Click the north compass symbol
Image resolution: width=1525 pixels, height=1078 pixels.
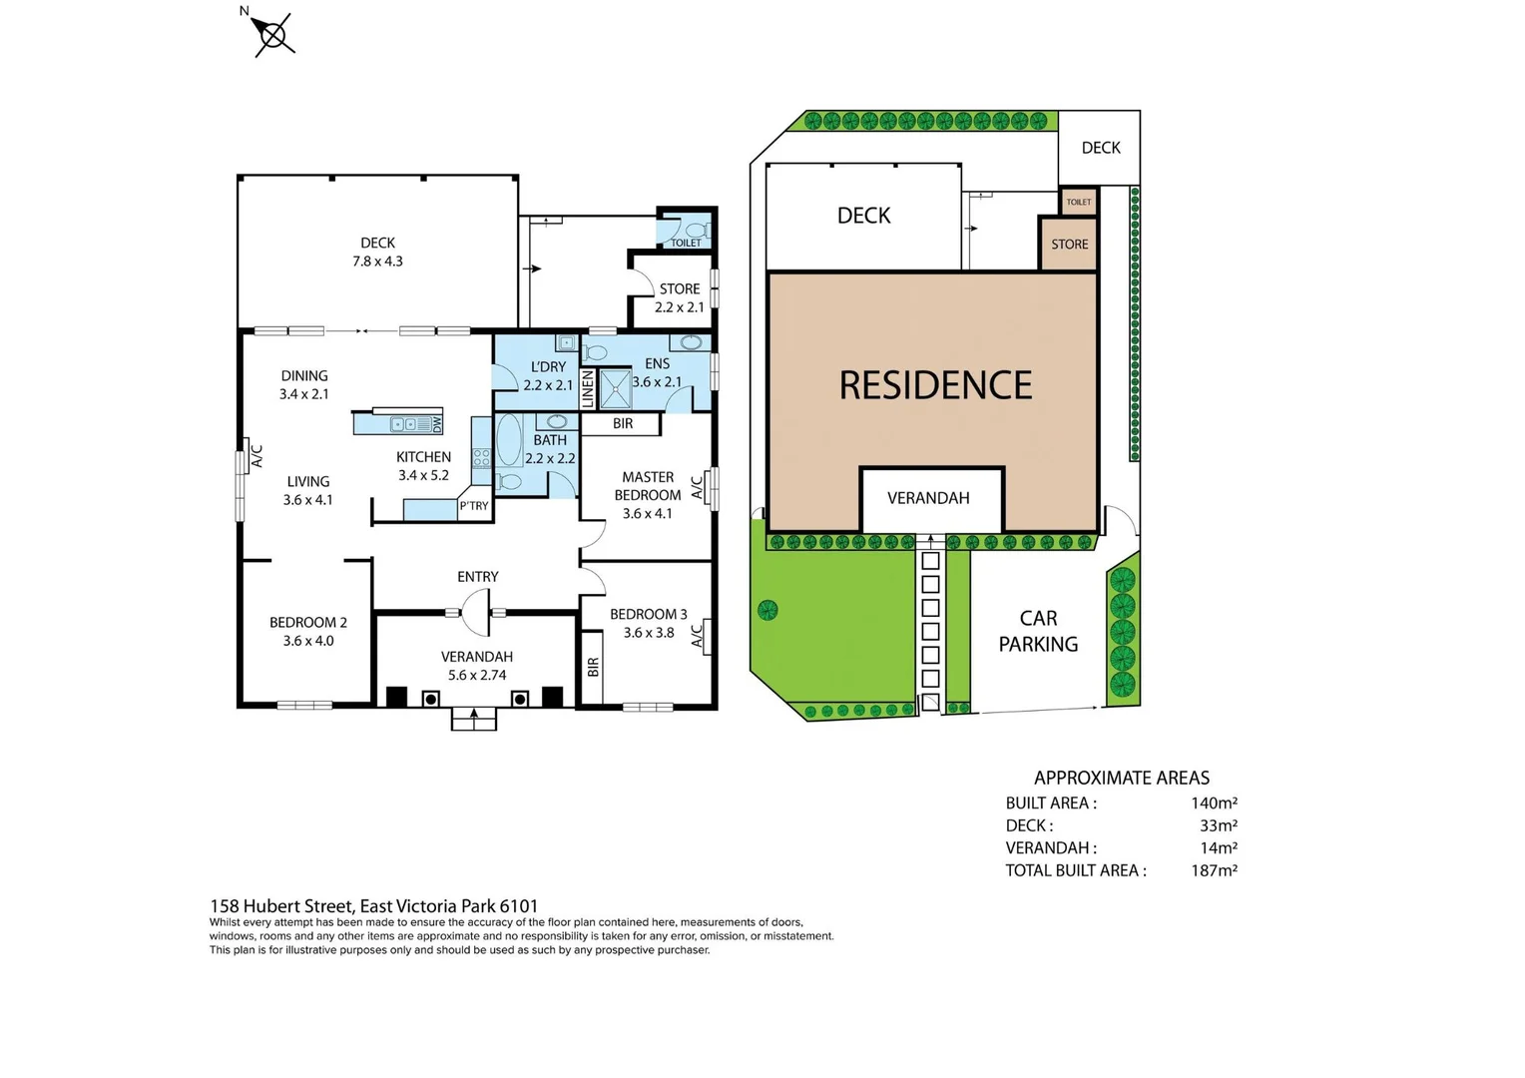coord(272,36)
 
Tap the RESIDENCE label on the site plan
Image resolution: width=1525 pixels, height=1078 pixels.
coord(935,385)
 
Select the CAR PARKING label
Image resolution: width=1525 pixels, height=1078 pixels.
coord(1038,632)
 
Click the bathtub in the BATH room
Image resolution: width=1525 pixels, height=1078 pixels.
coord(509,441)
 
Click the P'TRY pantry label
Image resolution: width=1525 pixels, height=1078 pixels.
coord(474,506)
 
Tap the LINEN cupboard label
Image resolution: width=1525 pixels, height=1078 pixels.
coord(588,388)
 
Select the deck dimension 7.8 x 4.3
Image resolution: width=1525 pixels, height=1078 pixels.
coord(377,262)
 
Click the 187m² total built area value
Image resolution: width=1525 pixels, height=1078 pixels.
coord(1214,870)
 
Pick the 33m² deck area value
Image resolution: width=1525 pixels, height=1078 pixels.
coord(1219,825)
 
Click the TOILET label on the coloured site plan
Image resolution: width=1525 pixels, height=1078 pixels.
coord(1078,202)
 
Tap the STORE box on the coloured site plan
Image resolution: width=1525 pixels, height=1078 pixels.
coord(1069,245)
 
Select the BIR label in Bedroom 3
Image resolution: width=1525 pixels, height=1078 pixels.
coord(593,666)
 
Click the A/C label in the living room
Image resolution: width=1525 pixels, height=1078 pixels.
coord(256,456)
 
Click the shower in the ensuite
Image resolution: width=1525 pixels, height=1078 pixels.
coord(616,389)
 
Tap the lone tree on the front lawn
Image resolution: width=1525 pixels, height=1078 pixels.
coord(767,610)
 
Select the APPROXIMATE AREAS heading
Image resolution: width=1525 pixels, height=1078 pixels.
coord(1121,778)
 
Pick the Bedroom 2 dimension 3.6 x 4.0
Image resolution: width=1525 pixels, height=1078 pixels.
coord(308,641)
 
